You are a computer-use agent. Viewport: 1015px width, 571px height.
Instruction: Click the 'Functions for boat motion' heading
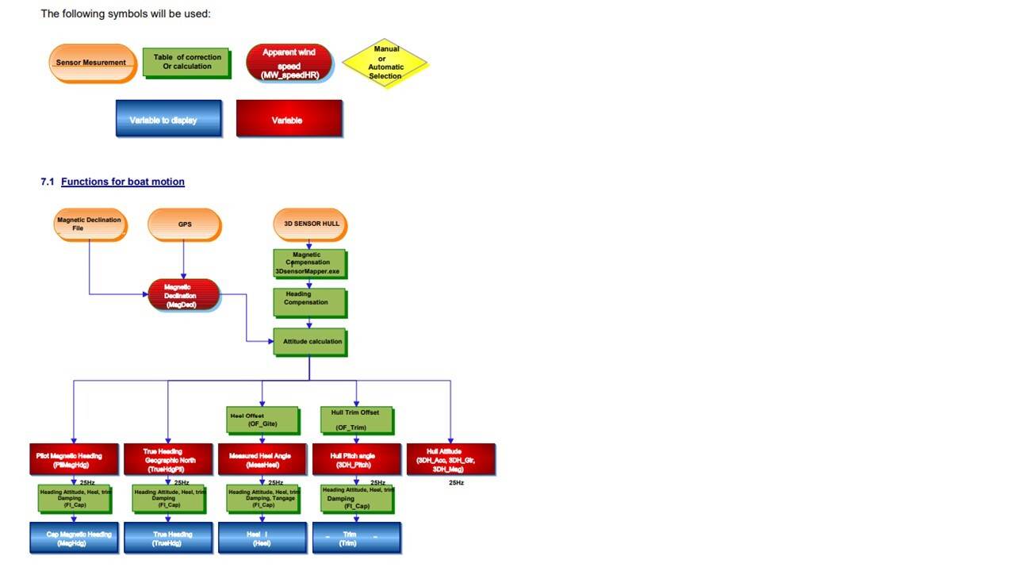[x=122, y=182]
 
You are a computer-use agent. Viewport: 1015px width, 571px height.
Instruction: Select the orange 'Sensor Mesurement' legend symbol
[x=92, y=63]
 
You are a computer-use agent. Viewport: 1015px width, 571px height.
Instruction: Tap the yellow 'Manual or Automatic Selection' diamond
[x=385, y=63]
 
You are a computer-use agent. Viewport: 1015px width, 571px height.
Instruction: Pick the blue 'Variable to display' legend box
[x=168, y=119]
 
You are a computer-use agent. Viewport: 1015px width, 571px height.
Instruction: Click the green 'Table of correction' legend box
[x=186, y=63]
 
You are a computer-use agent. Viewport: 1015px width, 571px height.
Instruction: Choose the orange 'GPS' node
[x=184, y=224]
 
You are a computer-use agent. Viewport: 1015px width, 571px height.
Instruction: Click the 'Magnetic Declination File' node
[x=89, y=224]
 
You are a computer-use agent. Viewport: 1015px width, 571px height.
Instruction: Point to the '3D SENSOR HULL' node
[x=310, y=224]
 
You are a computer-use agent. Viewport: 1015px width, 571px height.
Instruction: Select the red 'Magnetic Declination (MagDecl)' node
[x=183, y=295]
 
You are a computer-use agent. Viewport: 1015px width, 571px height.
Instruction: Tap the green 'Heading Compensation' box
[x=309, y=301]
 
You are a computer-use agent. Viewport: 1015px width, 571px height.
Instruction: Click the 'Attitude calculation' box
[x=310, y=342]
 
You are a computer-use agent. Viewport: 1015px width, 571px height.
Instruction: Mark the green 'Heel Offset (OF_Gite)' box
[x=262, y=420]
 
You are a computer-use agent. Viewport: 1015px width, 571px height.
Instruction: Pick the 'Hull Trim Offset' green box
[x=356, y=420]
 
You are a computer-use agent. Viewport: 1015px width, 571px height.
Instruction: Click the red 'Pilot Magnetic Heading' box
[x=74, y=459]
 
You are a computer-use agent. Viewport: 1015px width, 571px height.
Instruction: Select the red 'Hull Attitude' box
[x=450, y=459]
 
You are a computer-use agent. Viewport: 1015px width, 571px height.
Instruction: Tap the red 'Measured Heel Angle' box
[x=262, y=459]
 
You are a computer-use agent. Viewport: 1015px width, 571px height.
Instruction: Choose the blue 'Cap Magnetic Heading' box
[x=74, y=538]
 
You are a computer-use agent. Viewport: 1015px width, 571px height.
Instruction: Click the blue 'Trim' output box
[x=356, y=538]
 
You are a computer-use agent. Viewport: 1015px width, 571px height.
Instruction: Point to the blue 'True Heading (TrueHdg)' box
[x=168, y=538]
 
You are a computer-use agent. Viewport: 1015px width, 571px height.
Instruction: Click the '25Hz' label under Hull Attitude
[x=456, y=482]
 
